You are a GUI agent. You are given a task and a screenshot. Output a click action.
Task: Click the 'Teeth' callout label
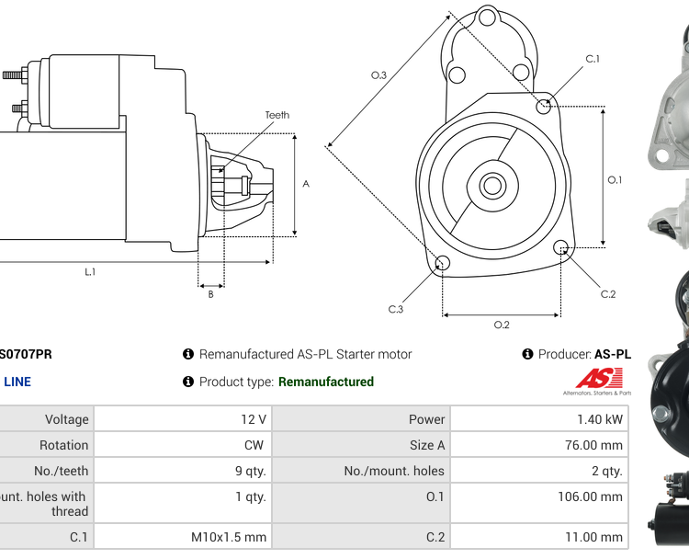click(277, 115)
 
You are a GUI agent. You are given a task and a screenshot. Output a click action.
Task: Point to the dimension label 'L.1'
click(90, 271)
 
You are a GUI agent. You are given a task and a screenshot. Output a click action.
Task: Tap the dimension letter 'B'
click(210, 294)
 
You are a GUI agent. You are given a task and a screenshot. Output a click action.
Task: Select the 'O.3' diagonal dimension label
click(378, 75)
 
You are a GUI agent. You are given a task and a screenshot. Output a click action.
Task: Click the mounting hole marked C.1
click(545, 106)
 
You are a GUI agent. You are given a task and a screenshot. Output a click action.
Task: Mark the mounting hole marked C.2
click(560, 246)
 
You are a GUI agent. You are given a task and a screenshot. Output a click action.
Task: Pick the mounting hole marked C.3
click(442, 264)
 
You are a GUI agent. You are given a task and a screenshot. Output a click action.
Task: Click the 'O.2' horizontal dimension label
click(502, 325)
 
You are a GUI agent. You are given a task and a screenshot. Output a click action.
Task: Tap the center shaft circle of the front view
click(491, 187)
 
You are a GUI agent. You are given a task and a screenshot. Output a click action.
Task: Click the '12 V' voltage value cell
click(254, 419)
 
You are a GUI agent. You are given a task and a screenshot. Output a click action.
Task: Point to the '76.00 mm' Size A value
click(593, 445)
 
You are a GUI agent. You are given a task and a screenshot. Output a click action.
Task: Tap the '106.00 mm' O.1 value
click(591, 496)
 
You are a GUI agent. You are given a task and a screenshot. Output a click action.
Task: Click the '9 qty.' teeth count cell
click(251, 471)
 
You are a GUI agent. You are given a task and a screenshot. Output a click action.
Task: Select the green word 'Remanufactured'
click(326, 382)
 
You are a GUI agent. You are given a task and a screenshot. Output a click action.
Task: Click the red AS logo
click(599, 378)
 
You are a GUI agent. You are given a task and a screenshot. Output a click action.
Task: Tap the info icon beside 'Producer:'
click(528, 354)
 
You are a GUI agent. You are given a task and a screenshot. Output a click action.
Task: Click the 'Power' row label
click(427, 419)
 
